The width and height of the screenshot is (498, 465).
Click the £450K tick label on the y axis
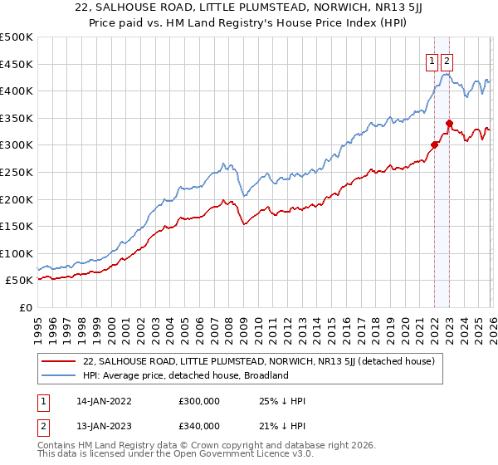[17, 64]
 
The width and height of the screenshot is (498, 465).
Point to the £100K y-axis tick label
[17, 253]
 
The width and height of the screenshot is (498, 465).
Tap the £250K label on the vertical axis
[17, 172]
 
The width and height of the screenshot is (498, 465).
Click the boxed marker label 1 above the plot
[432, 60]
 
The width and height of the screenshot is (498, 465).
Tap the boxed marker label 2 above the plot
[447, 60]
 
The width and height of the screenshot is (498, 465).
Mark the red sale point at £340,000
[449, 124]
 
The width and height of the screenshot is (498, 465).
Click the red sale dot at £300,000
[434, 145]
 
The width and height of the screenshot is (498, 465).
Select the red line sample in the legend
[60, 361]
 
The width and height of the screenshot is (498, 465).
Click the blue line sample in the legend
[60, 375]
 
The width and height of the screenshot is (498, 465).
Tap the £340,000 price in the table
[198, 426]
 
